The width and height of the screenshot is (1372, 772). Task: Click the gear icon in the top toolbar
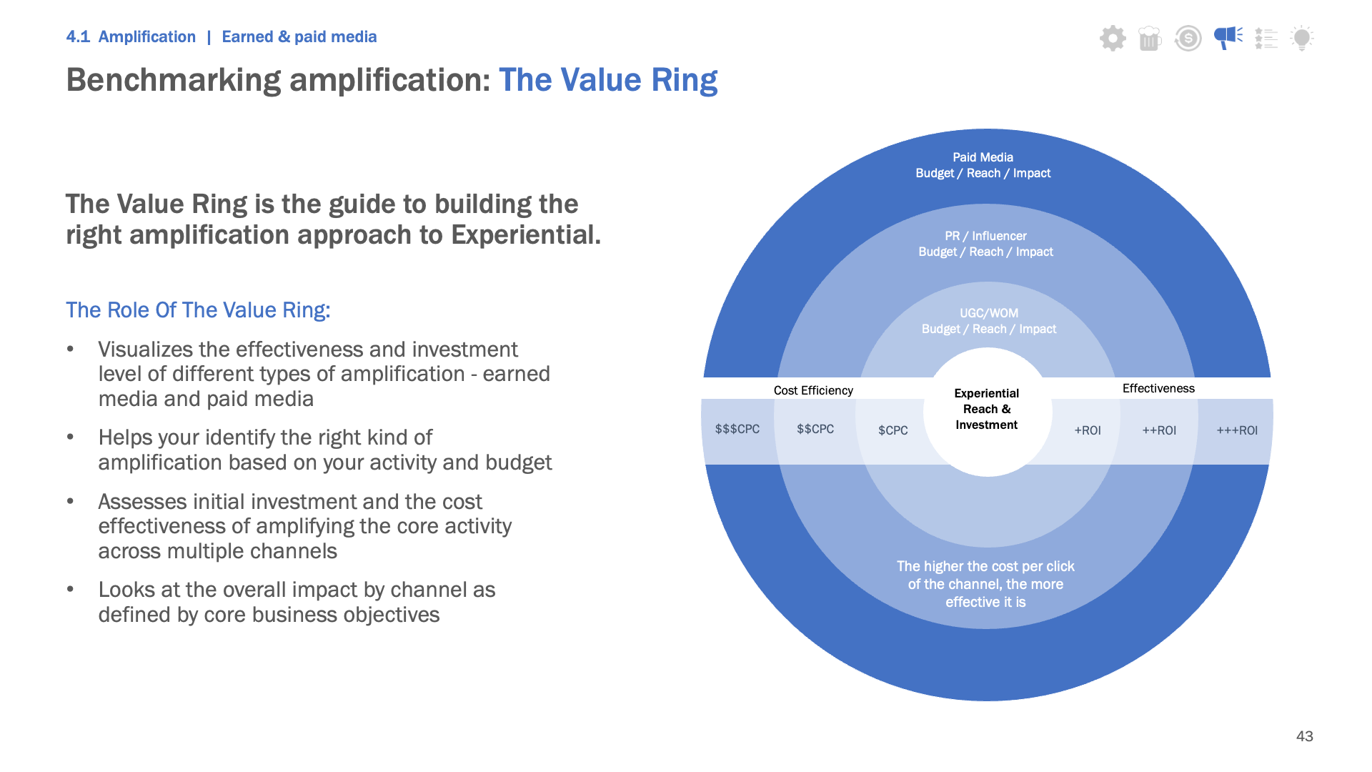(x=1113, y=38)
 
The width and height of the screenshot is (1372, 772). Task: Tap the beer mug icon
(x=1150, y=38)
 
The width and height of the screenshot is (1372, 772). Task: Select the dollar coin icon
(x=1188, y=38)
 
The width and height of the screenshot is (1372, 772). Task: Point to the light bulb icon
(x=1302, y=38)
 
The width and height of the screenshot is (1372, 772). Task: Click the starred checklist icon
(x=1266, y=38)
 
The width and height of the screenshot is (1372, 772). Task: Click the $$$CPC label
(x=737, y=429)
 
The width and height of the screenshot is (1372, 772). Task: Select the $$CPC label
(x=815, y=429)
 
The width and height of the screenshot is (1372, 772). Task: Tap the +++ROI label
(x=1237, y=430)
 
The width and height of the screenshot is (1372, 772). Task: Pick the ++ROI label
(x=1159, y=430)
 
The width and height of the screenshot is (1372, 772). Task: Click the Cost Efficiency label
(x=813, y=390)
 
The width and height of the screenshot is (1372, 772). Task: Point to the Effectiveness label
(x=1158, y=388)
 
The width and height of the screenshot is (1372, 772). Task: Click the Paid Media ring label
(x=983, y=165)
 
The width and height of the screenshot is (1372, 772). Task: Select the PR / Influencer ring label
(x=986, y=244)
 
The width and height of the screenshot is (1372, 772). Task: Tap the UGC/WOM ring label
(x=989, y=321)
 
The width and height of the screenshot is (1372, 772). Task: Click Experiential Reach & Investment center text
(x=987, y=409)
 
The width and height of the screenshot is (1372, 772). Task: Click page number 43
(x=1305, y=736)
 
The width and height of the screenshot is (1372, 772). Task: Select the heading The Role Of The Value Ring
(x=198, y=310)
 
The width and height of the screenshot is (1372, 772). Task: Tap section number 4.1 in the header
(x=78, y=36)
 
